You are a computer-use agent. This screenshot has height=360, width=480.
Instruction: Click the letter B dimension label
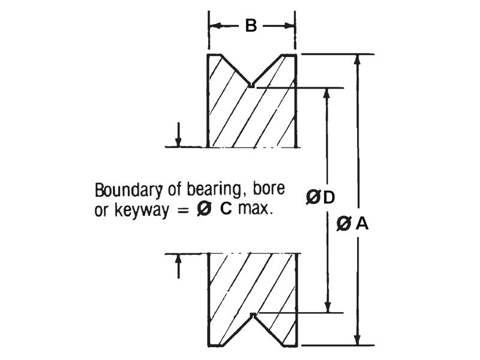coord(251,26)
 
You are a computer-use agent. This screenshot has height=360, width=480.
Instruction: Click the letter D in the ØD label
coord(328,197)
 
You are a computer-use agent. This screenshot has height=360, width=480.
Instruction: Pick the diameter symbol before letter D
coord(313,197)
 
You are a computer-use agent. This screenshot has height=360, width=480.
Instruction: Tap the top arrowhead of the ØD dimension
coord(328,94)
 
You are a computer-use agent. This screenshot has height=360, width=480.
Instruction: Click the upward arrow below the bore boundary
coord(178,260)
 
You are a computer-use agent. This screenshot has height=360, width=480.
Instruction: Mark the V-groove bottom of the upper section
coord(251,86)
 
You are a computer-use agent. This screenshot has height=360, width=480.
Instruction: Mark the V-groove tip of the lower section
coord(253,314)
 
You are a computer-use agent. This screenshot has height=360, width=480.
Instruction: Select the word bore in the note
coord(269,191)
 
